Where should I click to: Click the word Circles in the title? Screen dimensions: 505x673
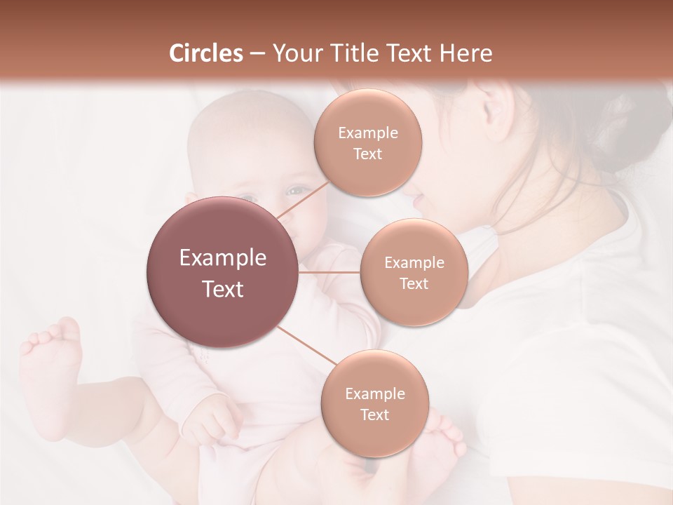point(206,53)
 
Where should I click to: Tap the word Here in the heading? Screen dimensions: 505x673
point(464,53)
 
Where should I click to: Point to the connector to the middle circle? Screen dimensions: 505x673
point(329,272)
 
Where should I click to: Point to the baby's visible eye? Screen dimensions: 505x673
point(297,191)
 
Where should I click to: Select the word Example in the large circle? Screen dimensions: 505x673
point(223,258)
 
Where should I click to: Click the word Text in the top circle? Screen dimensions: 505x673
point(367,154)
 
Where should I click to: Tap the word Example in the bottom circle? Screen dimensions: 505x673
point(374,393)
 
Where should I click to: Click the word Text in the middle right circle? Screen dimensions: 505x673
point(414,284)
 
